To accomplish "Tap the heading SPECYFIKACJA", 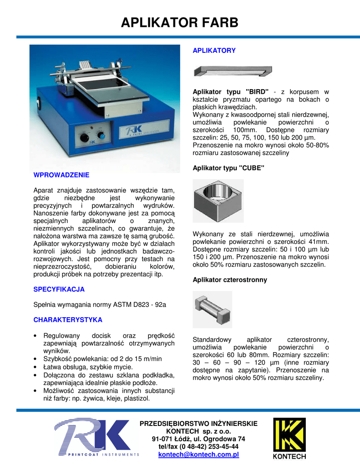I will (59, 289).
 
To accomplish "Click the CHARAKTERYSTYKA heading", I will (67, 320).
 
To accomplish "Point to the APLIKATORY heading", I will (214, 51).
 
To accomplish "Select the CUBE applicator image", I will (218, 200).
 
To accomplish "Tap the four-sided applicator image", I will (213, 309).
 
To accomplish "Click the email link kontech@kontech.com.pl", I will (198, 455).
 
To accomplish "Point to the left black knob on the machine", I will (85, 138).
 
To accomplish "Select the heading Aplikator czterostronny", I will (230, 279).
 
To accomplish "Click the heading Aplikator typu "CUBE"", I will (228, 168).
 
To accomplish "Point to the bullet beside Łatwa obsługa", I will (35, 367).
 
